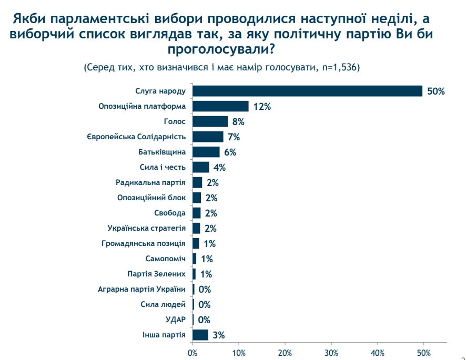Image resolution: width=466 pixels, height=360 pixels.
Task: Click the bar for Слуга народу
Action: (307, 91)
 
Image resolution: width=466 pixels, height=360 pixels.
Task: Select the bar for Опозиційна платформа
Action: (220, 106)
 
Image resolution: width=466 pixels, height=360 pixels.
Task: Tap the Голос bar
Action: (210, 121)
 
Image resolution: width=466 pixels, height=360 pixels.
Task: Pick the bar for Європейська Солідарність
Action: (208, 137)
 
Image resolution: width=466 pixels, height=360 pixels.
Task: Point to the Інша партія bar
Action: (200, 335)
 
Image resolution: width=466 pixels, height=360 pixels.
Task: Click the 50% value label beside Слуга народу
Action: (436, 91)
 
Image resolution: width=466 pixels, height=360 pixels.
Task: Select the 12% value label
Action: (261, 107)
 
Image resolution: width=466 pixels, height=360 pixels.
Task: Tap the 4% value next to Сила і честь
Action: (219, 168)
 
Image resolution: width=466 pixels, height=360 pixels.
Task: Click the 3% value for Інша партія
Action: (218, 335)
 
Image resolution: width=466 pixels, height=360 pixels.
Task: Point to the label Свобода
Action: (170, 213)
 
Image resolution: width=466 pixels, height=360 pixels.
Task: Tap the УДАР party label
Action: (175, 320)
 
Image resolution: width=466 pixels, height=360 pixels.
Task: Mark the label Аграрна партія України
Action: (141, 289)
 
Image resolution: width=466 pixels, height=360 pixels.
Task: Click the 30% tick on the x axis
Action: (331, 352)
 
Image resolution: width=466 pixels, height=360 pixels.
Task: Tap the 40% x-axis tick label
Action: (378, 352)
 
